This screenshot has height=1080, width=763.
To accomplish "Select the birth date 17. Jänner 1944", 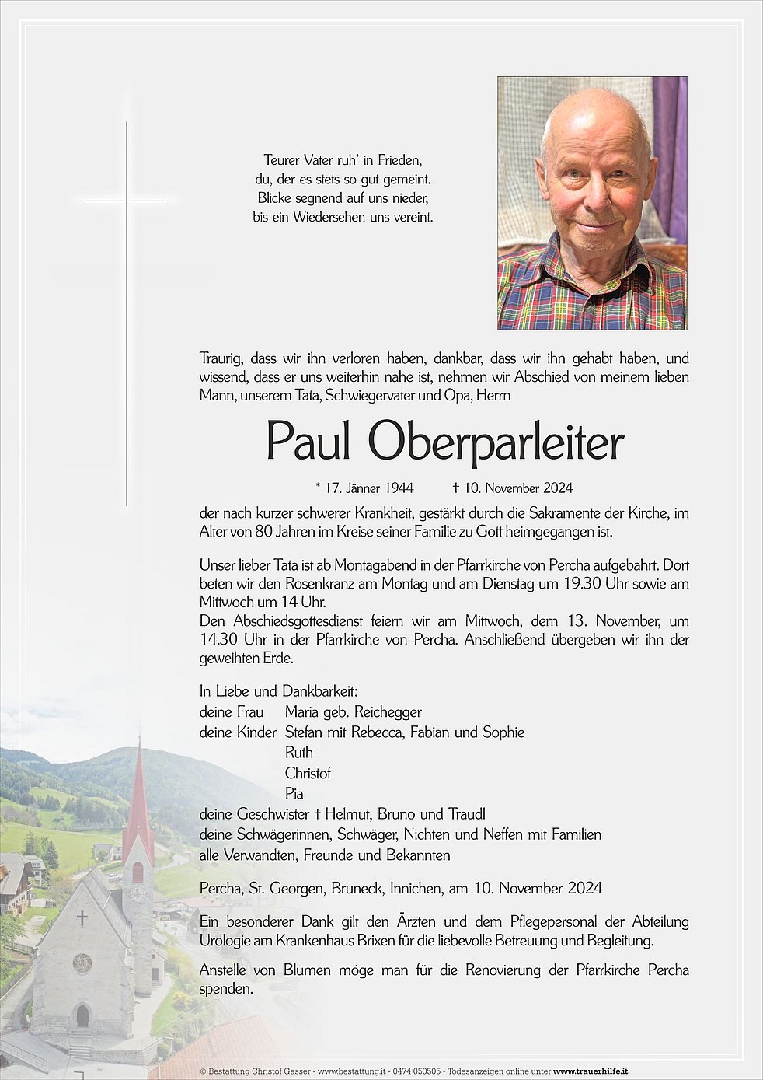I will (x=369, y=488).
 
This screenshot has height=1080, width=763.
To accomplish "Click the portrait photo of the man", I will (x=592, y=203).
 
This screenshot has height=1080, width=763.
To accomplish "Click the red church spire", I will (x=138, y=793).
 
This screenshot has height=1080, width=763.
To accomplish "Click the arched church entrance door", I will (x=82, y=1015).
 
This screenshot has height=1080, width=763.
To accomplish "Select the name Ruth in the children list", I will (x=299, y=753).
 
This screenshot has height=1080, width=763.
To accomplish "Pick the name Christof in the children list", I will (x=308, y=773).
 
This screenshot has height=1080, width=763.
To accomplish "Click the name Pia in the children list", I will (x=294, y=794).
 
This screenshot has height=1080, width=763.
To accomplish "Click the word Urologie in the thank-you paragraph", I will (x=225, y=941).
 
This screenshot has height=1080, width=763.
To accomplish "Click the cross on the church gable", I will (x=82, y=918).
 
